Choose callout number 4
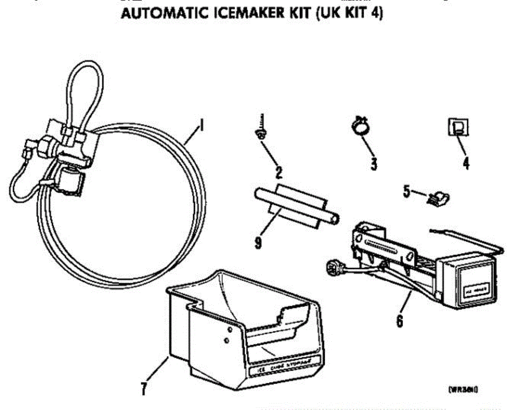point(466,164)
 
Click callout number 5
point(407,192)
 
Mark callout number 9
point(258,243)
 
